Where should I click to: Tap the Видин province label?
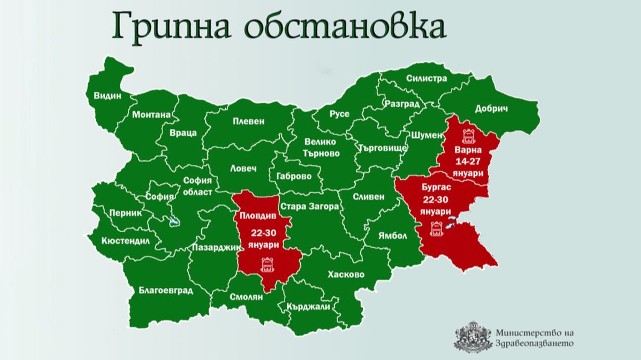(107, 96)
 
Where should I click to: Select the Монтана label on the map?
(151, 115)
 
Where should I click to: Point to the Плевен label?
(249, 121)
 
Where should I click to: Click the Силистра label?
(426, 78)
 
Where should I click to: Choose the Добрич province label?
(492, 109)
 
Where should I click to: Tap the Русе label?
(340, 114)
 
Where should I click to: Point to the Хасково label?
(346, 274)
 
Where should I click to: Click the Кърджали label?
(309, 306)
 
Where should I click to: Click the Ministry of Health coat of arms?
(473, 337)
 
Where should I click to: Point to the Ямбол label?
(392, 236)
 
